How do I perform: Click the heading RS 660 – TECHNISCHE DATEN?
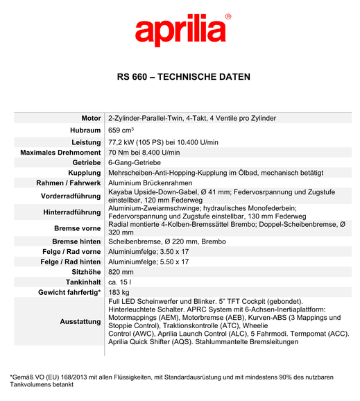(184, 77)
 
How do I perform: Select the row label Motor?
(91, 119)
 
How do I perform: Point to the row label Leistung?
(86, 142)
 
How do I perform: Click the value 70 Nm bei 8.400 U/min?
(144, 153)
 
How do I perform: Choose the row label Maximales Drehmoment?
(61, 153)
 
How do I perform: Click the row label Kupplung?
(84, 173)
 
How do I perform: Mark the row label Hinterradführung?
(71, 212)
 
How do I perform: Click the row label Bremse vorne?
(77, 228)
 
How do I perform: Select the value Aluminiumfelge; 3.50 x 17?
(148, 252)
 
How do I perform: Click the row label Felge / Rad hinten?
(70, 262)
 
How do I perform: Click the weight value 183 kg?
(119, 292)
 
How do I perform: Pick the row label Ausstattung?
(80, 322)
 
